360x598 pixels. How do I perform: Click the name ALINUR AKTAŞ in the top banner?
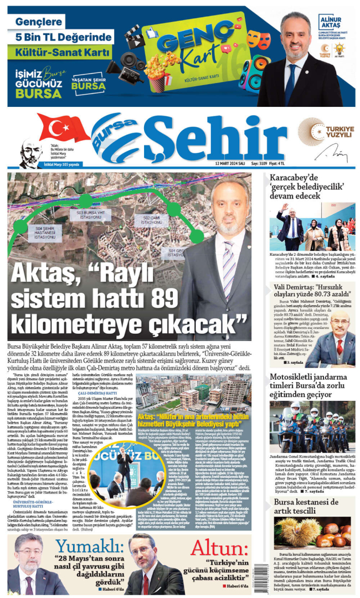[331, 23]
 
